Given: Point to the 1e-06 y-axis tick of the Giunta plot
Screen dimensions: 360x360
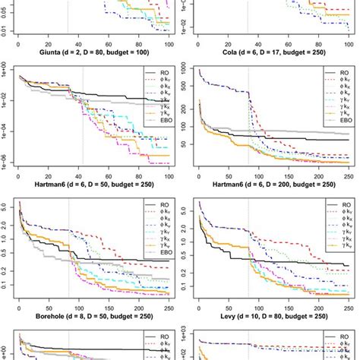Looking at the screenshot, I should [5, 160].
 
